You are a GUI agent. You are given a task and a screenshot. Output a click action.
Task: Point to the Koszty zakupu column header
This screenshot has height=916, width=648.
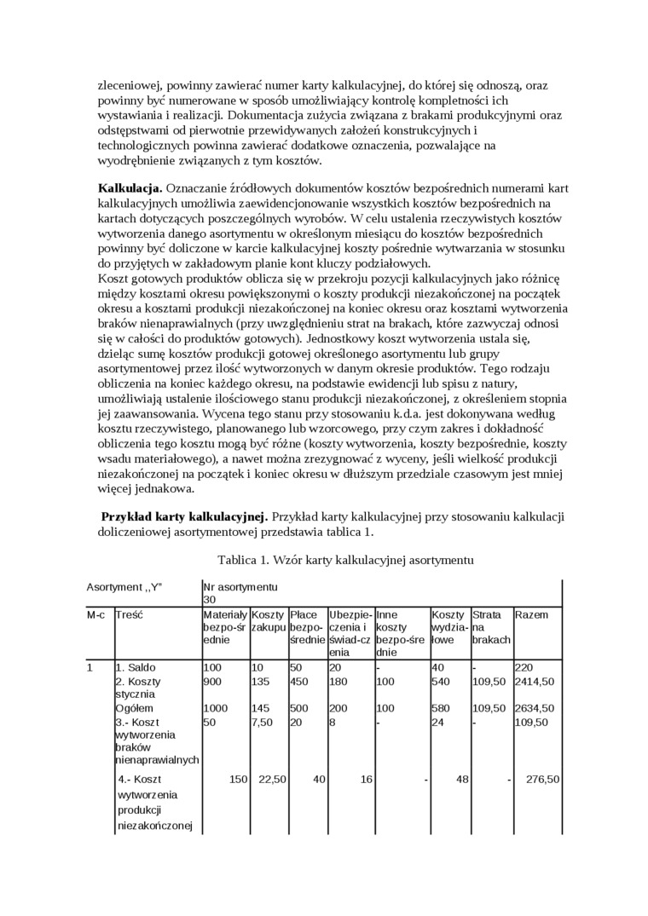tap(268, 620)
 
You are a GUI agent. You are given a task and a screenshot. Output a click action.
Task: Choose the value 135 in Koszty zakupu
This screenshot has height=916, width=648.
tap(262, 682)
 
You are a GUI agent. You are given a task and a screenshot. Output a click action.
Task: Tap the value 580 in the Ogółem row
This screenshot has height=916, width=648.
tap(442, 708)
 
